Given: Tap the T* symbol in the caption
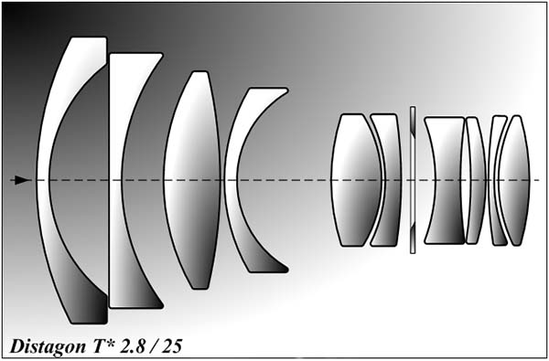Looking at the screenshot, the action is click(x=97, y=345).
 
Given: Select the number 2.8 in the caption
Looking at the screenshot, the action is click(x=130, y=346).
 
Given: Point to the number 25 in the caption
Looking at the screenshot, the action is click(x=172, y=346).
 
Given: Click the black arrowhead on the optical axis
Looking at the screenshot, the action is click(x=22, y=180).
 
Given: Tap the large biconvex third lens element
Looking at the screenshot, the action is click(x=192, y=180).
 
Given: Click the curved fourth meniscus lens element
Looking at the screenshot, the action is click(x=231, y=180).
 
